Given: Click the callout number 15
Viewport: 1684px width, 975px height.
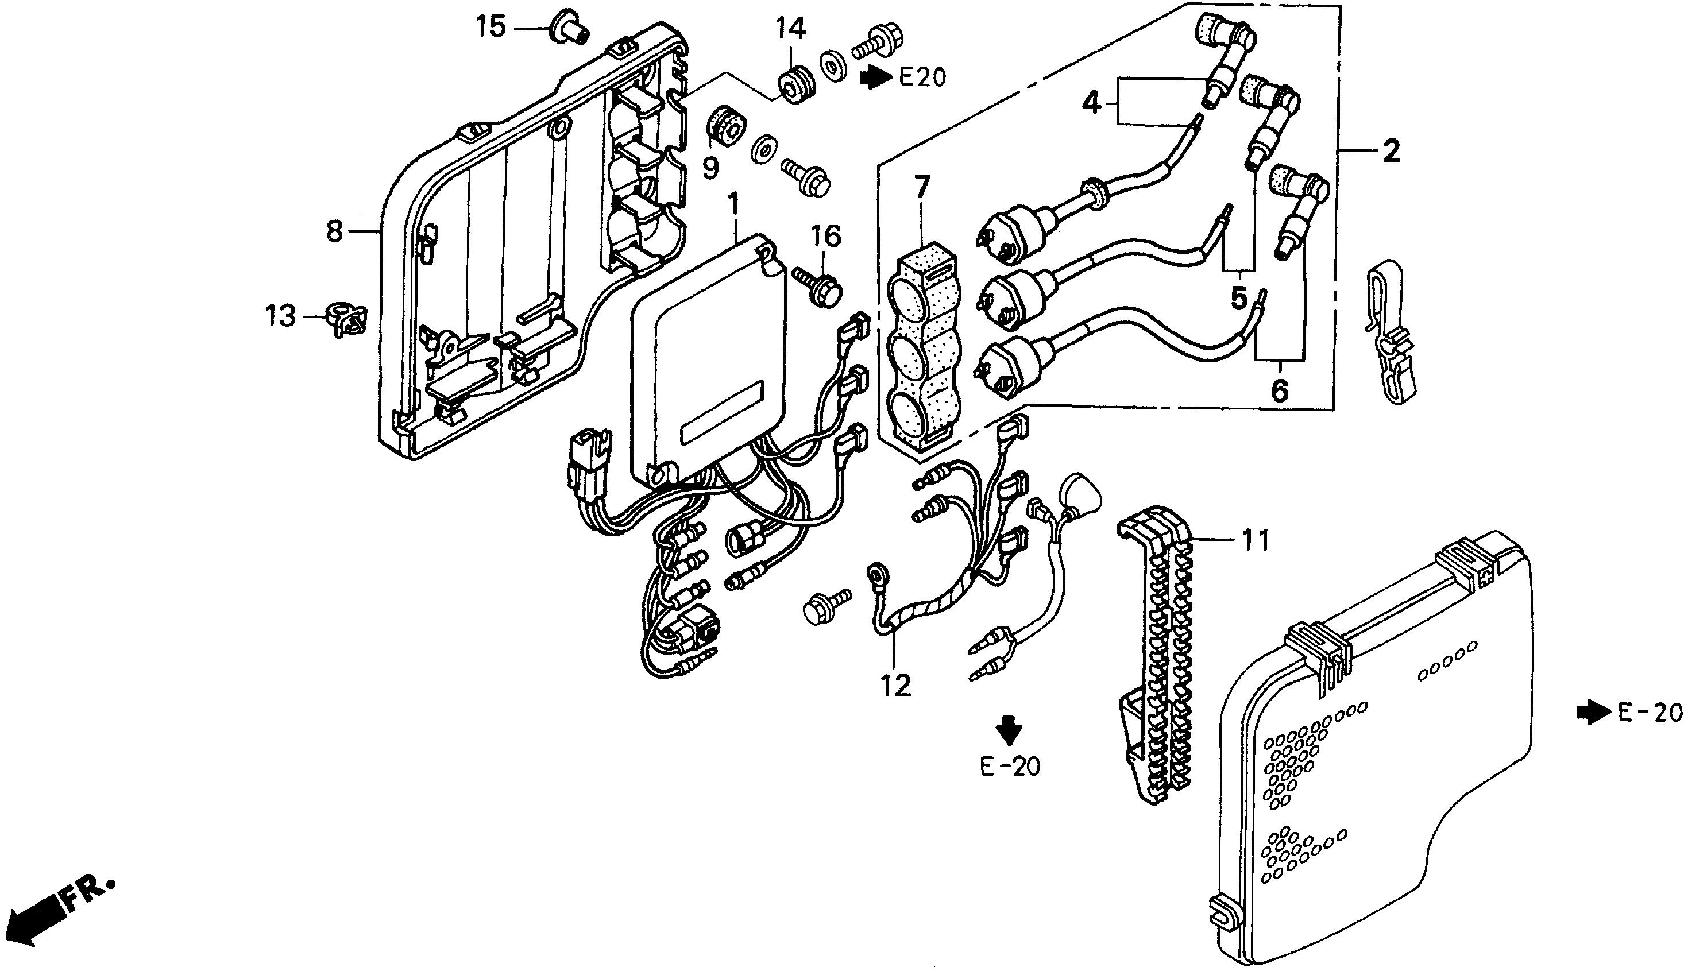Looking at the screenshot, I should pos(490,28).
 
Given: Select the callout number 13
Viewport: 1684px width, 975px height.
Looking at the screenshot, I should pos(281,315).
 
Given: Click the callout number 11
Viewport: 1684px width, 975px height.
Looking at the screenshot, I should pos(1254,540).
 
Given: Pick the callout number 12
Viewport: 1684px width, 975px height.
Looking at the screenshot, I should pos(896,686).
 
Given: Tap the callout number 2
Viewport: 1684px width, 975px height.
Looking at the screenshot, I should pos(1391,151).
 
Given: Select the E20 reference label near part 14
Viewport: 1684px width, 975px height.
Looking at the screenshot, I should pos(922,78).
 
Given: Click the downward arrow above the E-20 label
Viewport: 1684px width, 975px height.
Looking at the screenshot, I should pos(1009,730).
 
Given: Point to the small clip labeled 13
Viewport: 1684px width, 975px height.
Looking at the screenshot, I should pos(347,319).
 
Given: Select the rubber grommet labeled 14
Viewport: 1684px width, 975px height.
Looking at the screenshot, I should pos(797,86).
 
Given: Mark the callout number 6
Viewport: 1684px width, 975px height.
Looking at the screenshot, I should pos(1279,390).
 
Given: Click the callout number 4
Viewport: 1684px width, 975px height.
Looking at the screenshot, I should pos(1091,103).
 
